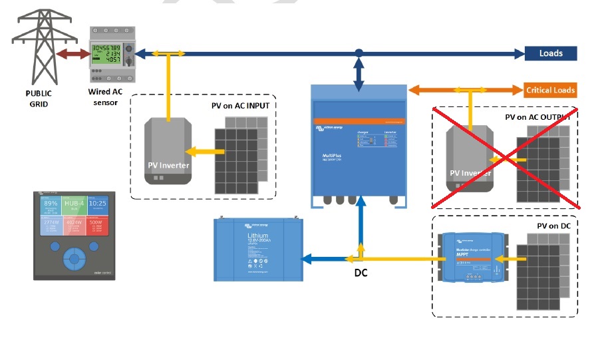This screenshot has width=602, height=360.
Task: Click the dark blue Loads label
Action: point(550,53)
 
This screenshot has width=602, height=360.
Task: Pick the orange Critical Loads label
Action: point(550,90)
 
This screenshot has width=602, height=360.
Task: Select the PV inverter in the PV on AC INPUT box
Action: point(170,151)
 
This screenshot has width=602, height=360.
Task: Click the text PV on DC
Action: point(555,226)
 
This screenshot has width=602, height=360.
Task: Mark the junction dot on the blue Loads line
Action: point(359,53)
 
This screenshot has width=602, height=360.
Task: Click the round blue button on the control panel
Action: point(74,256)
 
